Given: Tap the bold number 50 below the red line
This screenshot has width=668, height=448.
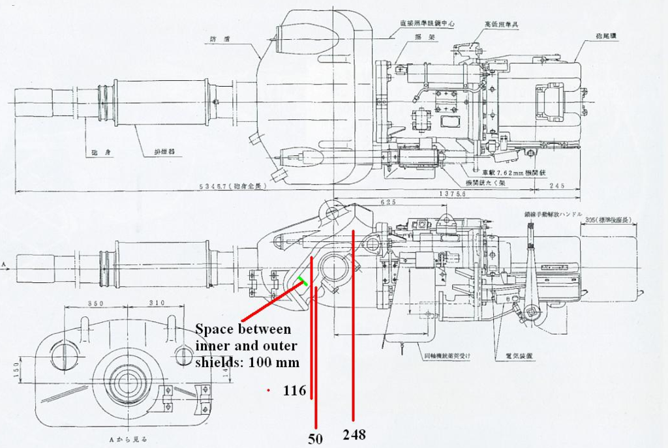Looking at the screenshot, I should click(x=316, y=439).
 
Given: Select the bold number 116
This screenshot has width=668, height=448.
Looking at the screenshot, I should click(x=294, y=391).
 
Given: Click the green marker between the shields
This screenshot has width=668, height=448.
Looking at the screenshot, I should click(x=303, y=281).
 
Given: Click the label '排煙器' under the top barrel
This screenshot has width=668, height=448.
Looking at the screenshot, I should click(x=164, y=152).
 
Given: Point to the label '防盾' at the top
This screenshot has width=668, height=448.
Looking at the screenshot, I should click(x=219, y=38).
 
